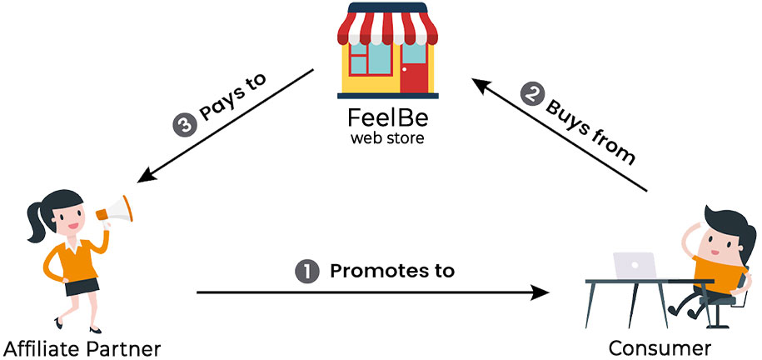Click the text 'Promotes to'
click(392, 271)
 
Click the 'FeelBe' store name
click(386, 117)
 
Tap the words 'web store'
click(386, 137)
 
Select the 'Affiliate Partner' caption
click(80, 347)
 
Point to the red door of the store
click(413, 67)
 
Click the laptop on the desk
click(634, 266)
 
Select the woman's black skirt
click(81, 286)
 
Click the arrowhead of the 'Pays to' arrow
click(145, 177)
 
